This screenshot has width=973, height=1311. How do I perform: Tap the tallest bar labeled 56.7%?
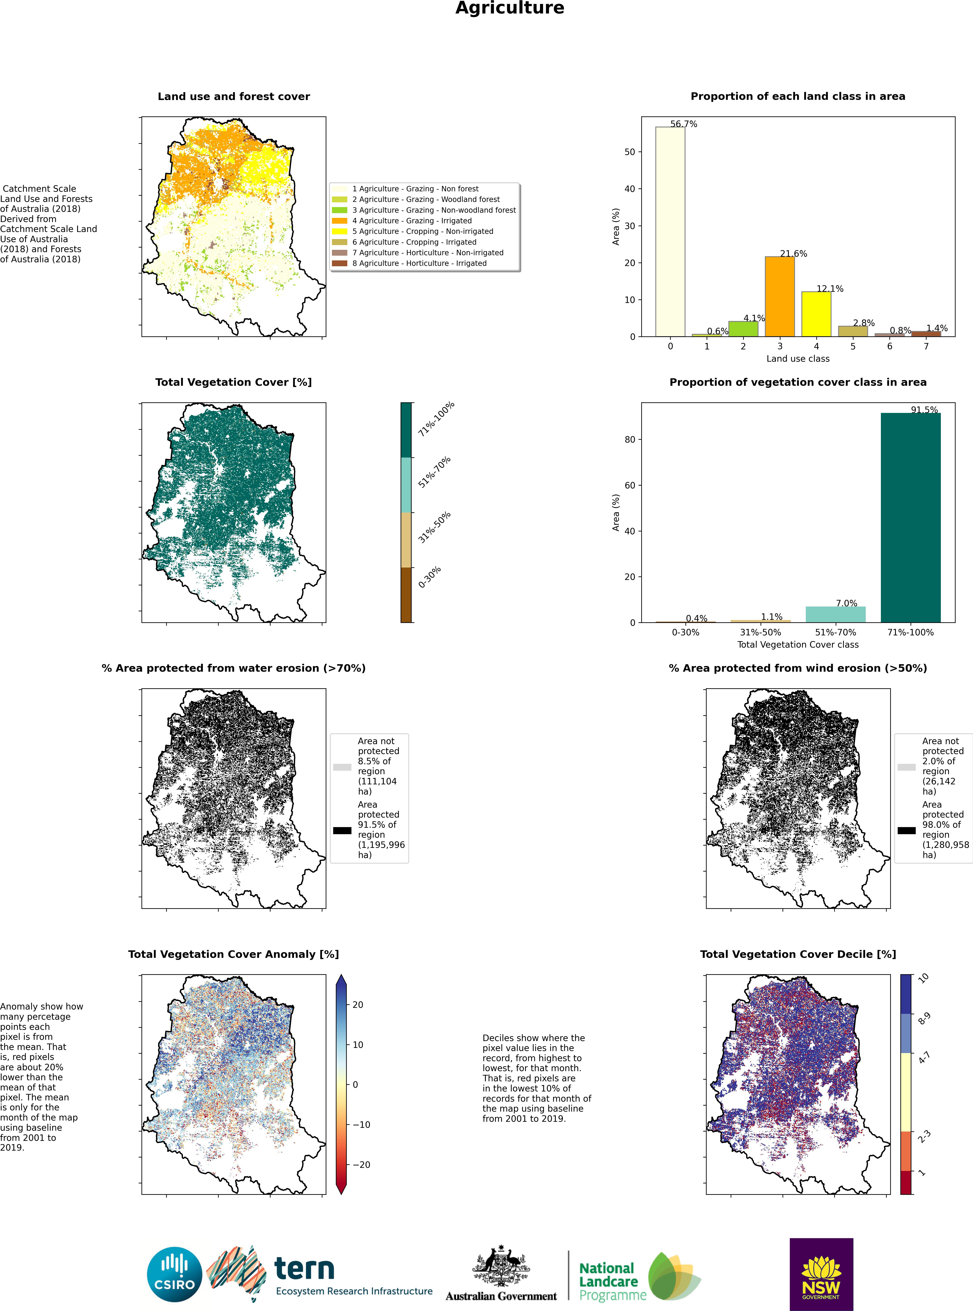coord(670,231)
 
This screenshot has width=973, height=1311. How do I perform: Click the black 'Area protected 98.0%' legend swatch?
coord(906,830)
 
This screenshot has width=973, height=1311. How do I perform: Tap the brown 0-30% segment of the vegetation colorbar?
coord(406,595)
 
